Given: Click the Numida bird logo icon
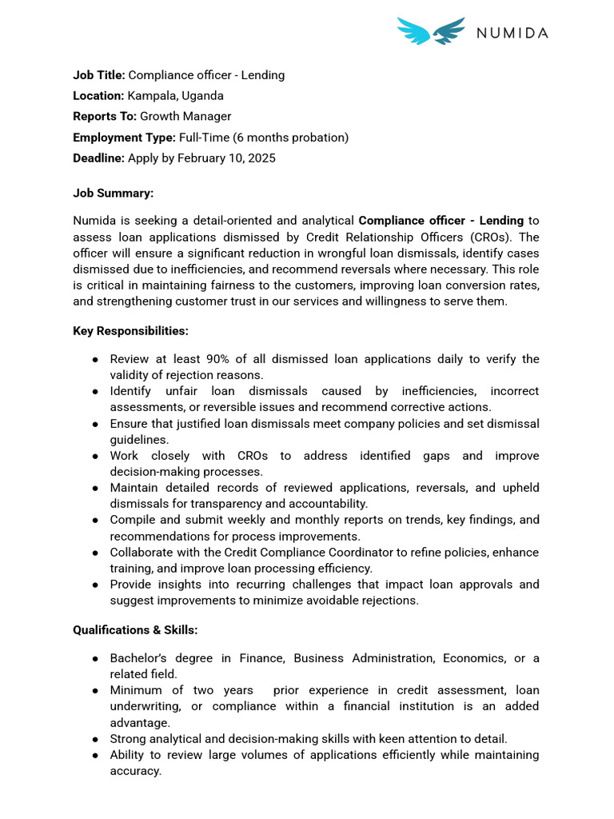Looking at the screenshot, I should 431,31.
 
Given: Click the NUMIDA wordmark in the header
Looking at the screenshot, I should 512,33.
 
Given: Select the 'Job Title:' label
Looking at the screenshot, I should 99,75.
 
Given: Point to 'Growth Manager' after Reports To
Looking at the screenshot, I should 185,117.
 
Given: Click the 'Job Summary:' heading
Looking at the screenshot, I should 113,194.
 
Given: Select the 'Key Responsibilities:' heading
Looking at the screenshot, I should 130,330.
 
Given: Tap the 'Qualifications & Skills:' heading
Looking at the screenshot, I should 135,629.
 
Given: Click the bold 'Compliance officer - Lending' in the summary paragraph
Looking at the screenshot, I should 441,221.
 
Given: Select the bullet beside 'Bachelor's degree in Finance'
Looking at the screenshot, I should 94,658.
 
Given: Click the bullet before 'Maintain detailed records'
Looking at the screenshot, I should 94,488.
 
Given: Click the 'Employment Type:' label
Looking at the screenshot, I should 124,138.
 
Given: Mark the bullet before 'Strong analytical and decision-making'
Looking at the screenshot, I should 94,739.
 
